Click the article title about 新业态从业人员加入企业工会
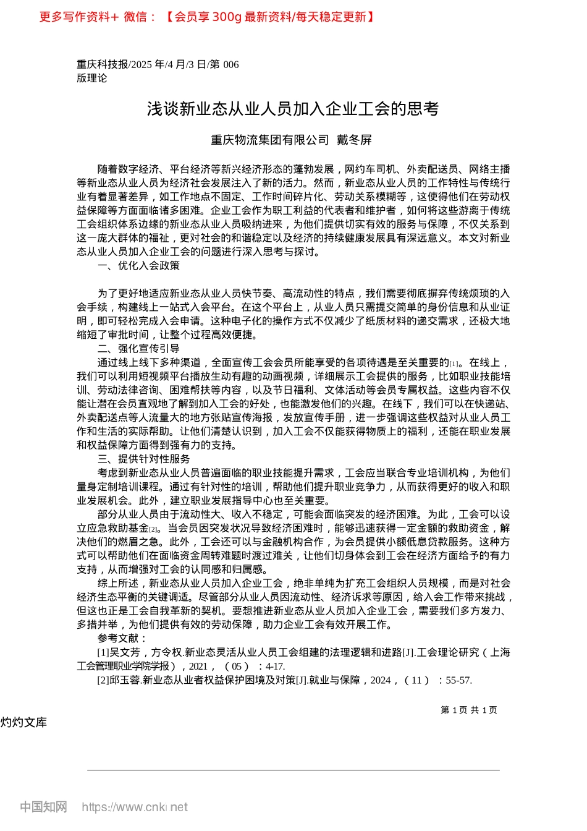click(x=293, y=109)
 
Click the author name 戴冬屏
click(x=354, y=140)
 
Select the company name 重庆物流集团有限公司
click(x=270, y=140)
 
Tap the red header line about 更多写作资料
click(x=206, y=17)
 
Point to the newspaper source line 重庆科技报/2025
click(x=158, y=64)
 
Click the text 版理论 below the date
click(x=91, y=78)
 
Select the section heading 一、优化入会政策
click(x=139, y=266)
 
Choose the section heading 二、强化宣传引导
click(x=139, y=349)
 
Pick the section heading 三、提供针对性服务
click(x=144, y=459)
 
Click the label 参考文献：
click(x=122, y=638)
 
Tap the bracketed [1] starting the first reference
click(x=103, y=652)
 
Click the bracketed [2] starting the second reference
click(x=103, y=680)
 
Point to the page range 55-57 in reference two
click(x=458, y=680)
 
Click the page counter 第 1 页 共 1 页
click(x=469, y=710)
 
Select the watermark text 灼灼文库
click(x=23, y=723)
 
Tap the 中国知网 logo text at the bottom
click(x=43, y=807)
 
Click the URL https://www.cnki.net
click(x=135, y=807)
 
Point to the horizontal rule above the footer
click(x=293, y=770)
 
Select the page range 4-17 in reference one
click(x=275, y=666)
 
